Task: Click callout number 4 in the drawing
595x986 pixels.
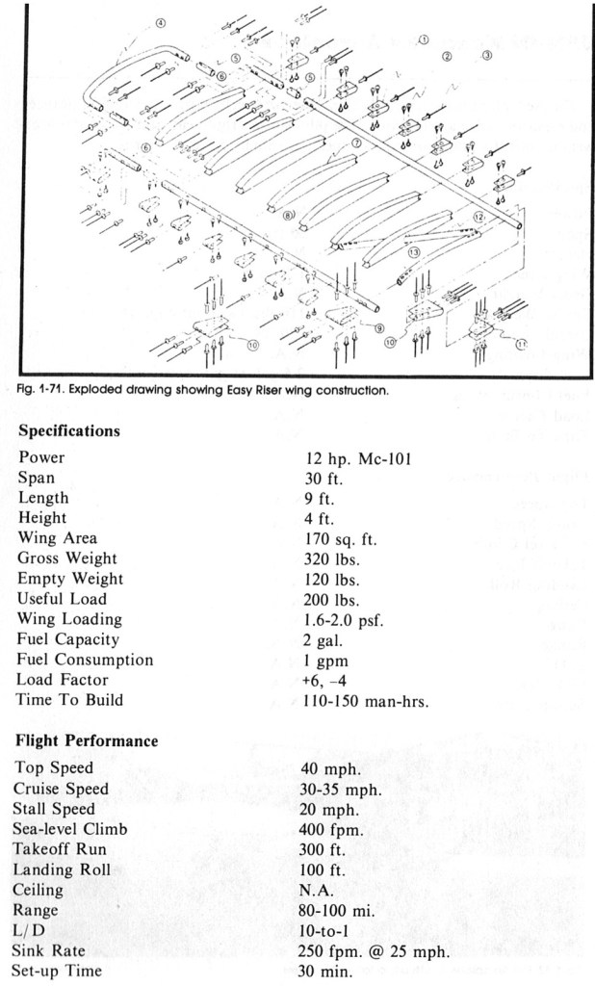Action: click(x=161, y=23)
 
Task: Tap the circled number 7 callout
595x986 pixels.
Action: click(x=356, y=143)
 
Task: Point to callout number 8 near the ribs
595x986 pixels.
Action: click(x=288, y=215)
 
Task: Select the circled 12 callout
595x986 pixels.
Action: click(x=479, y=217)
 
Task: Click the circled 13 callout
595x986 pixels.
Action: click(x=413, y=252)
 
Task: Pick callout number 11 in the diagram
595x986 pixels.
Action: click(x=522, y=343)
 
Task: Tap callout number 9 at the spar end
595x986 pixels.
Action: click(x=379, y=327)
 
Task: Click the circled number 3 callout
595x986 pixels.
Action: click(x=487, y=55)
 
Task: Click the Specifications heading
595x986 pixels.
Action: click(x=69, y=430)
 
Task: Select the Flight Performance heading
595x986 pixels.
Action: click(x=87, y=740)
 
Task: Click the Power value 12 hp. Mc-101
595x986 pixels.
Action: click(x=358, y=458)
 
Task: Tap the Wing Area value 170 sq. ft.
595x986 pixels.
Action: click(x=341, y=539)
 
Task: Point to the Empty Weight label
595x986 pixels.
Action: click(x=70, y=579)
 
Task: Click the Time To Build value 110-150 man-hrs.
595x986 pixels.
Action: click(x=366, y=701)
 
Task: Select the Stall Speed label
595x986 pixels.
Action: click(x=54, y=809)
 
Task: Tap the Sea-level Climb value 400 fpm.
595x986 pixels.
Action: click(x=331, y=829)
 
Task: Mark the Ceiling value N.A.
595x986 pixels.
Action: click(x=317, y=891)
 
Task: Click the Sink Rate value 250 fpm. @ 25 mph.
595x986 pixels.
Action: click(x=374, y=950)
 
